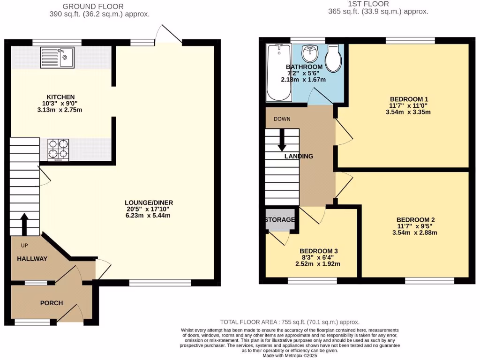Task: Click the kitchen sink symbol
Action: (57, 57)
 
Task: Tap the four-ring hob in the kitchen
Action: (58, 150)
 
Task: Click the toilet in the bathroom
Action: (333, 59)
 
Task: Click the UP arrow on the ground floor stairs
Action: (23, 224)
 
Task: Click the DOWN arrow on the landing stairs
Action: (282, 140)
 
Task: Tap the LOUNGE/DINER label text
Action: (146, 202)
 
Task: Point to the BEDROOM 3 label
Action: (319, 251)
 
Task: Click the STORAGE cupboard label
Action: (280, 219)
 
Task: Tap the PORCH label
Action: (51, 303)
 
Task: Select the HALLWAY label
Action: (32, 258)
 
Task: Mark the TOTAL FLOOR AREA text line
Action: (290, 322)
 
